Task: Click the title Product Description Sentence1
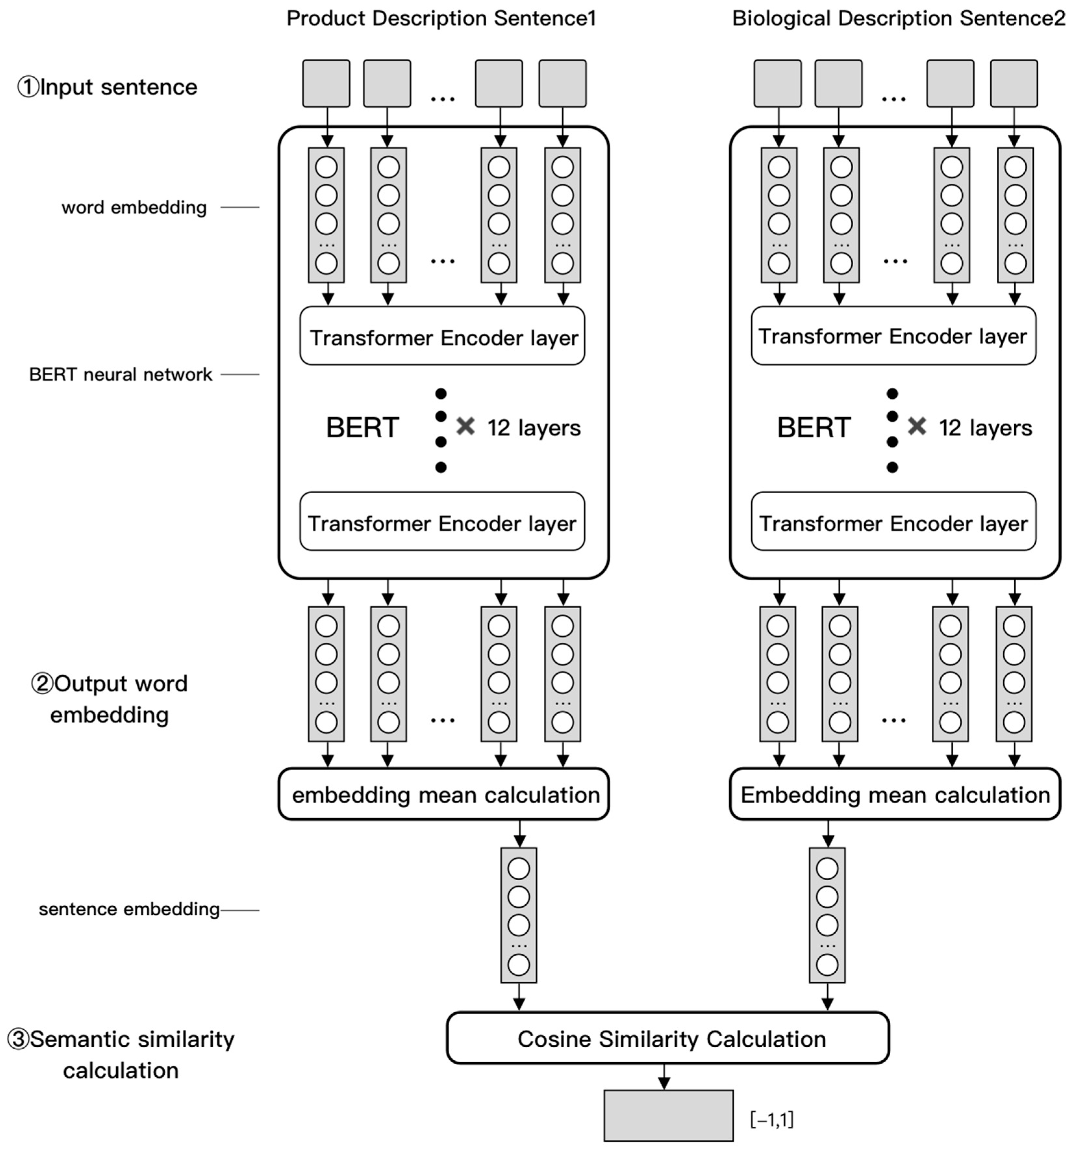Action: pos(441,19)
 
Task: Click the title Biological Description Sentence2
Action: pos(898,19)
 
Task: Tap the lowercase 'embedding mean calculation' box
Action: pos(444,795)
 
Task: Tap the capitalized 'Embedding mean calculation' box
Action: pos(895,795)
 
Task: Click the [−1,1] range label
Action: pos(771,1119)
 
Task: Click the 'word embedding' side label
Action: pos(134,207)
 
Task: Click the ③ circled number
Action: pos(18,1039)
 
